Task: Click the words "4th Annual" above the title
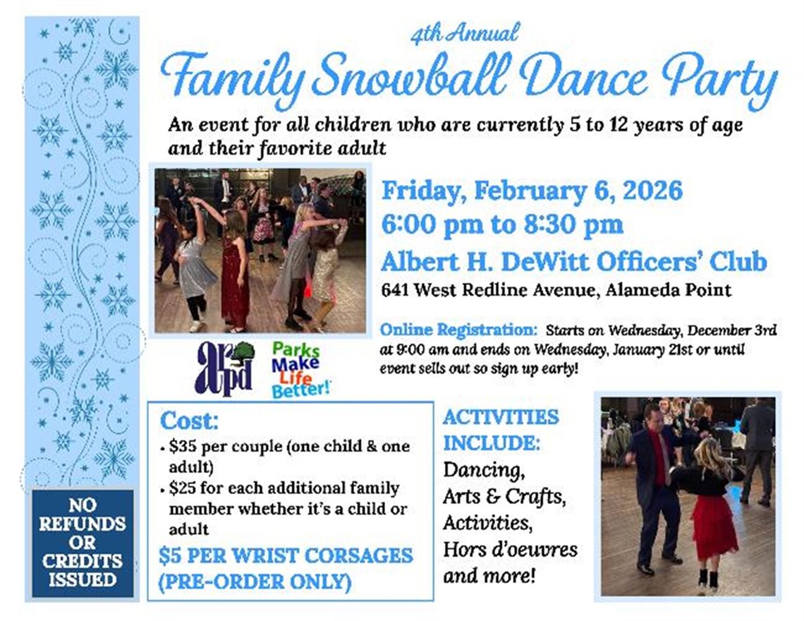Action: click(x=465, y=32)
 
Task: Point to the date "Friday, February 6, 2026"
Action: click(x=532, y=191)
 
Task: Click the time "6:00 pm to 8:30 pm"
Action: click(x=502, y=225)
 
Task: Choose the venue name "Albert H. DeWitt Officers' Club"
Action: click(x=573, y=261)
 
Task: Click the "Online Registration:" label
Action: click(x=458, y=330)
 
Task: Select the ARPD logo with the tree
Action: click(x=224, y=368)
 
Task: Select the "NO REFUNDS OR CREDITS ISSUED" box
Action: click(x=83, y=543)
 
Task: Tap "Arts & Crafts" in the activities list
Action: click(x=504, y=496)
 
